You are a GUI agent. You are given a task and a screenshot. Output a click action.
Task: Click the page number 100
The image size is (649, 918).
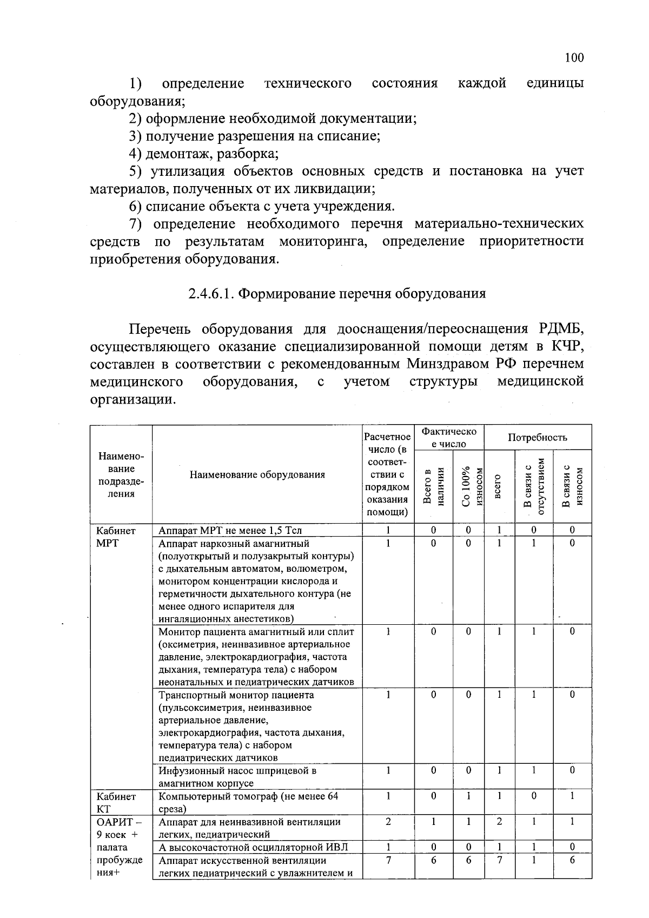click(x=573, y=58)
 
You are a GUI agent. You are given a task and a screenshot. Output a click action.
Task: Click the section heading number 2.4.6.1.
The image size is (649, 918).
click(x=211, y=294)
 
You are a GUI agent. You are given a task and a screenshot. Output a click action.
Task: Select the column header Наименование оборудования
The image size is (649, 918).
click(x=257, y=475)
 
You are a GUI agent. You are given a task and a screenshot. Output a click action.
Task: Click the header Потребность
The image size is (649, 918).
click(x=537, y=437)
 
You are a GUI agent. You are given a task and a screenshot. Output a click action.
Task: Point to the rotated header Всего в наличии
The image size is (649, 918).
click(x=433, y=487)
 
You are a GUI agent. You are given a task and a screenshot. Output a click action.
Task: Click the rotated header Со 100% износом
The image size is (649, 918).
click(x=468, y=487)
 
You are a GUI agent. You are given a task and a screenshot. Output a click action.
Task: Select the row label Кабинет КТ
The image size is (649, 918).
click(x=115, y=802)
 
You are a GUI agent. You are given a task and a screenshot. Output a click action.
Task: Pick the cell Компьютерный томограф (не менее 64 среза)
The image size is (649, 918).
click(x=248, y=802)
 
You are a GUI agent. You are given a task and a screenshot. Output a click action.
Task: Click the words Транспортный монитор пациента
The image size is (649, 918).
click(x=236, y=695)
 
